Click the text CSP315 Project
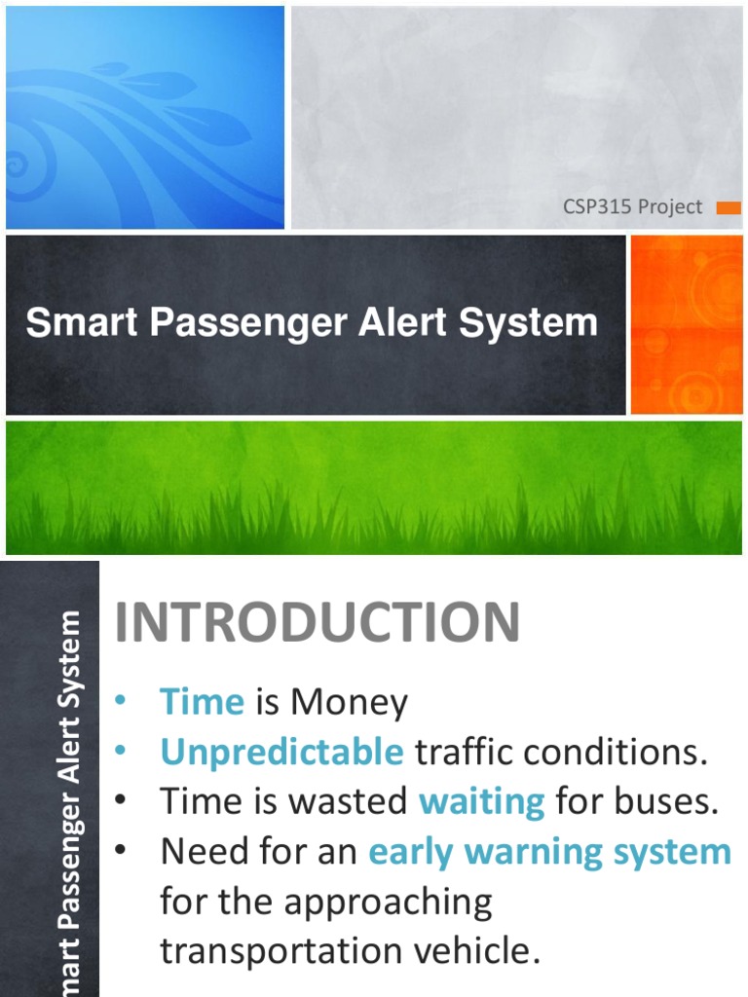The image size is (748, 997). [632, 207]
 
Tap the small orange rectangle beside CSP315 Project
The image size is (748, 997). [729, 207]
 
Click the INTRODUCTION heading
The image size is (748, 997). [318, 623]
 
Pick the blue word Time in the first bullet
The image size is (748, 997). [202, 702]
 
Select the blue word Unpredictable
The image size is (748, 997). [281, 752]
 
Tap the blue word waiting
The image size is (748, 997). [481, 801]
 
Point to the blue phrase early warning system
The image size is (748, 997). [549, 852]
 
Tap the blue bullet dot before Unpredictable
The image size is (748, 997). [122, 751]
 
